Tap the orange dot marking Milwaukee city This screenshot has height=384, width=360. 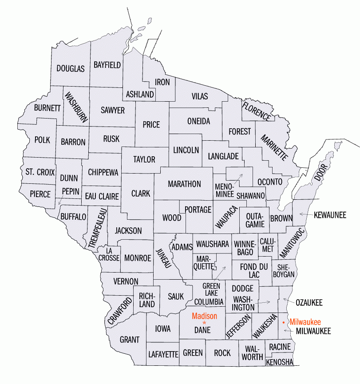tap(284, 321)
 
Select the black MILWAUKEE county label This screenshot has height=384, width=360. tap(313, 331)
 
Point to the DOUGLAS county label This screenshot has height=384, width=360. tap(70, 69)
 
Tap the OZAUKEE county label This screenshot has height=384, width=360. tap(309, 303)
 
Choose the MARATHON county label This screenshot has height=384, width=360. tap(184, 184)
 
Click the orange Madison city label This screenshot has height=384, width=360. tap(205, 316)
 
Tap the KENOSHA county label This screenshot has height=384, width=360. tap(280, 362)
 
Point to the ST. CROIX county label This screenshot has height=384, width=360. tap(40, 172)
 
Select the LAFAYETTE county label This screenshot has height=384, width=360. tap(163, 354)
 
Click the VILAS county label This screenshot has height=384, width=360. tap(200, 96)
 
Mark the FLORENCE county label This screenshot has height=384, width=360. tap(256, 111)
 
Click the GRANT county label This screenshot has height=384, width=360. tap(130, 340)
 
